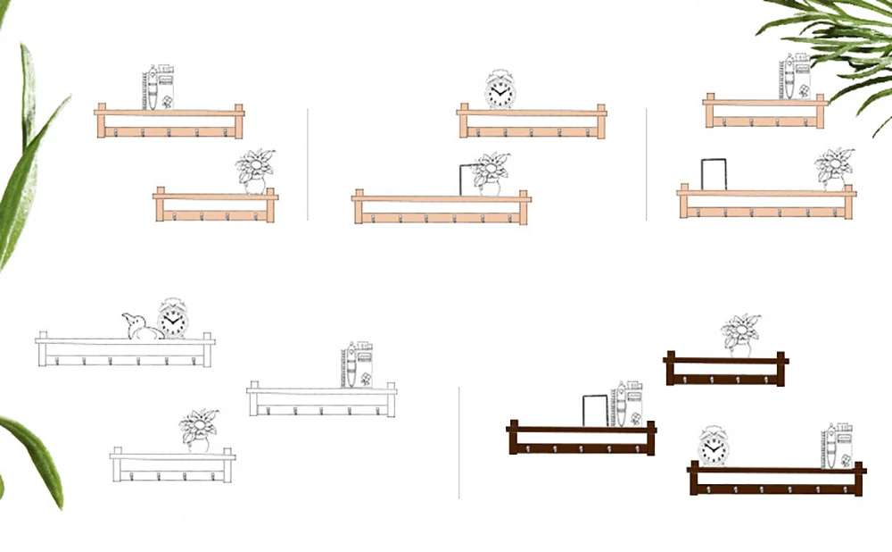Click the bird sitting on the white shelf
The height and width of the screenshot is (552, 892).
(141, 328)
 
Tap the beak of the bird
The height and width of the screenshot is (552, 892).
(124, 317)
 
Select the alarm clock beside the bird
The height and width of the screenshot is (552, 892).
(173, 320)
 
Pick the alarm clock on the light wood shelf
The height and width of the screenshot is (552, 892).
(500, 90)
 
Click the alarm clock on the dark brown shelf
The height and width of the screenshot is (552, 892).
(714, 446)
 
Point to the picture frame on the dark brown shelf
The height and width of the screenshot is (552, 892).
(595, 411)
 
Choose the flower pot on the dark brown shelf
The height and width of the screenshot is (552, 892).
(739, 336)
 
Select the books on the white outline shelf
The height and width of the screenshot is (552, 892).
(358, 365)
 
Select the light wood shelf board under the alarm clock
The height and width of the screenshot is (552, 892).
(532, 113)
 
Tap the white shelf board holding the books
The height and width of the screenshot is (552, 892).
(321, 390)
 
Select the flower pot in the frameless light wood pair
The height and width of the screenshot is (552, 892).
(254, 171)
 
